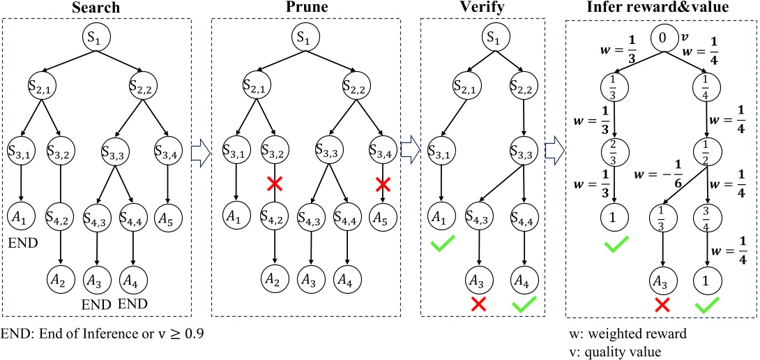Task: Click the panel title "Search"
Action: point(98,8)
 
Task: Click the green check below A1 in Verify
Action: point(441,245)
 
